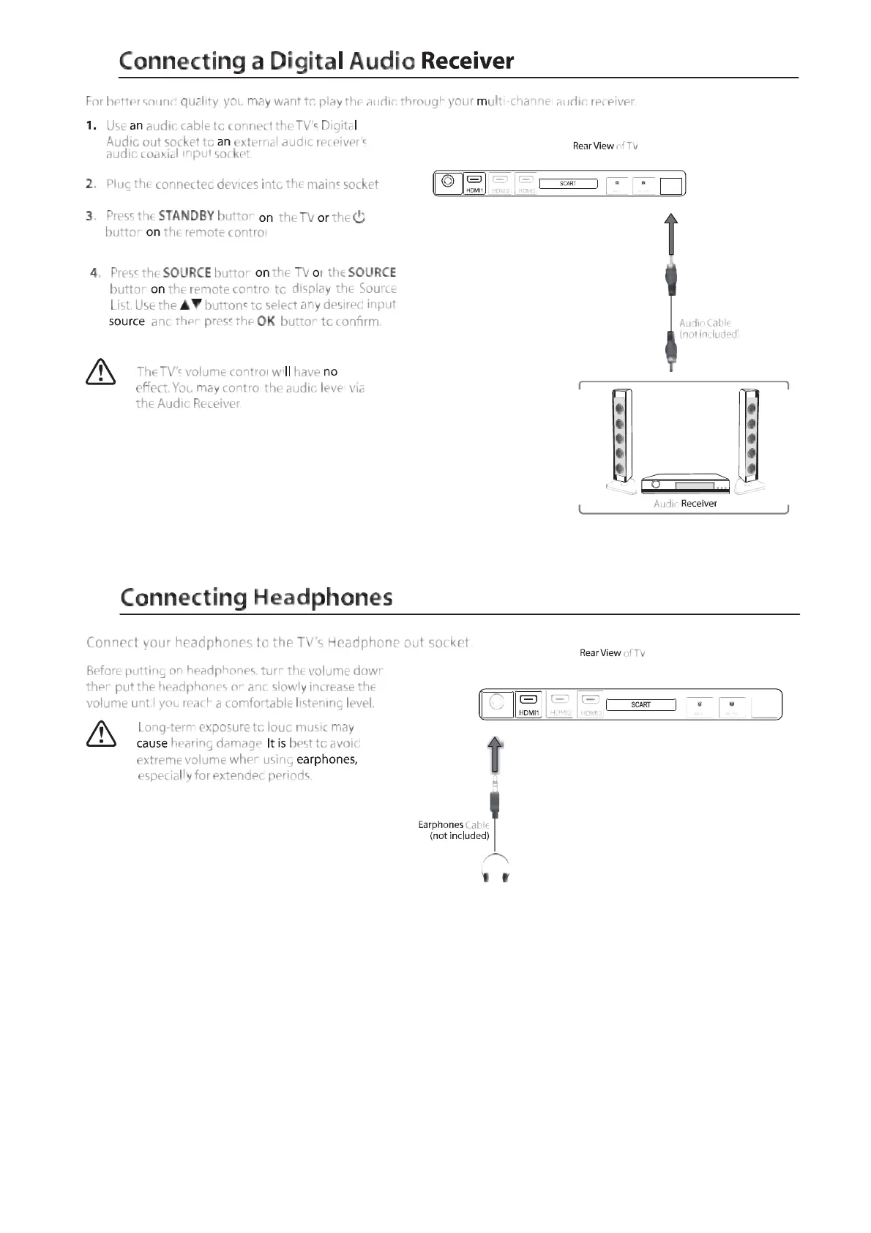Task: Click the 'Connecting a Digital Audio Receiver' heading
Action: (316, 61)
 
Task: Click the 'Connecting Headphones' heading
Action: (256, 597)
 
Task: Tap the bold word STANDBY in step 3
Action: (186, 216)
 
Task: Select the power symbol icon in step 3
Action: (359, 217)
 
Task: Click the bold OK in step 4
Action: (266, 321)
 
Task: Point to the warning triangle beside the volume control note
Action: (100, 372)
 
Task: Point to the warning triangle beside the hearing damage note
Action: (101, 733)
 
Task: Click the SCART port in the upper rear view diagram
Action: (568, 184)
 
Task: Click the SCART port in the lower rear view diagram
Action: (640, 704)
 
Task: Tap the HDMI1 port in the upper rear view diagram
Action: (475, 183)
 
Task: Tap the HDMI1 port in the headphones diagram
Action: (528, 704)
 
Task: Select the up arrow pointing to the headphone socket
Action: (496, 754)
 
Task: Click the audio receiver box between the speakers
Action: (685, 485)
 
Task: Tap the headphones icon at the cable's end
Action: (495, 869)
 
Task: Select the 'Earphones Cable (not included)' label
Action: (455, 830)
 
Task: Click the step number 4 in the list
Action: (94, 273)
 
